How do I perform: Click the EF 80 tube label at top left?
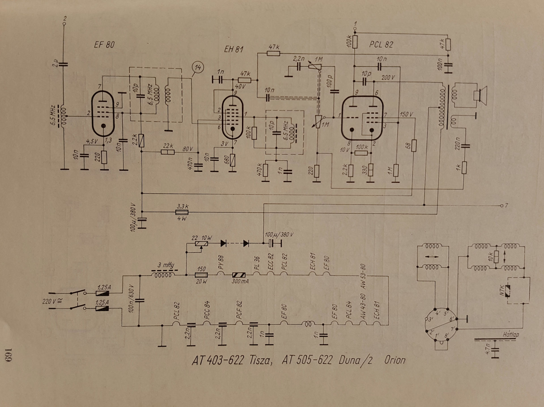104,45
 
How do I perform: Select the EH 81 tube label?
233,49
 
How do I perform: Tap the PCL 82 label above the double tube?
381,45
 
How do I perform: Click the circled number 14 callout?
198,68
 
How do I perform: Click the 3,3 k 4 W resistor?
182,212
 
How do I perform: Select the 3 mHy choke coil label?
165,265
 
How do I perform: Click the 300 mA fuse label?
240,281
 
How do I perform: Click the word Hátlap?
511,334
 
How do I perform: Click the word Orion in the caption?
395,360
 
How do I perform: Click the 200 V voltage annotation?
388,77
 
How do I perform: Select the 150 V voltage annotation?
406,114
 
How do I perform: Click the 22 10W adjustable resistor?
201,244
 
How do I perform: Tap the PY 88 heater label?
221,262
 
